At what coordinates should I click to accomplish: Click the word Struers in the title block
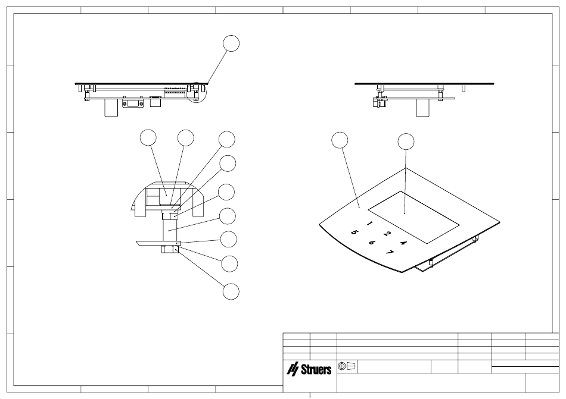(x=316, y=369)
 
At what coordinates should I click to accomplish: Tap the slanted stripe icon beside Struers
(x=293, y=369)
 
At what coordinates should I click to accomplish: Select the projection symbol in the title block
(x=347, y=366)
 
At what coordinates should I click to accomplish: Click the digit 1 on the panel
(x=369, y=223)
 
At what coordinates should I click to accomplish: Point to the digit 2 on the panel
(x=387, y=233)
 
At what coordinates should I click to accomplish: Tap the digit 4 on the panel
(x=403, y=243)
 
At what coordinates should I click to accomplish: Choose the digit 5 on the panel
(x=354, y=233)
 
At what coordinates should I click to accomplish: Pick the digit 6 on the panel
(x=371, y=243)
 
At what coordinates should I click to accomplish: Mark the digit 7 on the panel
(x=389, y=252)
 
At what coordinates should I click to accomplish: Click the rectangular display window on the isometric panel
(x=413, y=218)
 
